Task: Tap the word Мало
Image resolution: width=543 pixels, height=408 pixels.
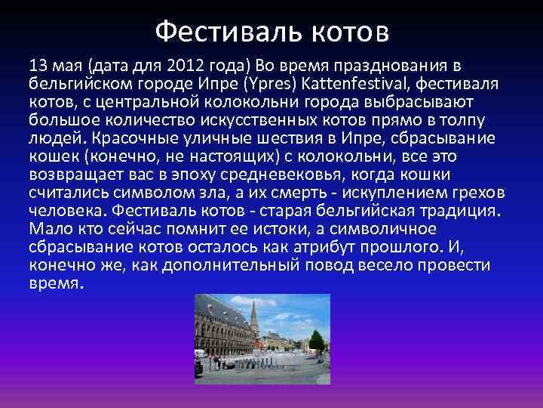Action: [x=47, y=229]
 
